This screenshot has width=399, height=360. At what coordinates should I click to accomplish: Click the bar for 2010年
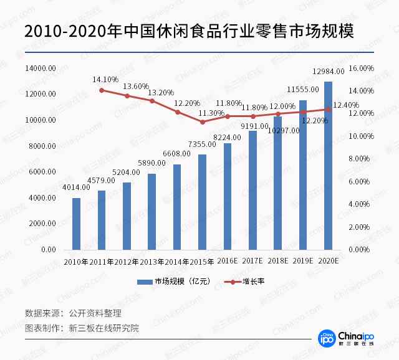point(76,224)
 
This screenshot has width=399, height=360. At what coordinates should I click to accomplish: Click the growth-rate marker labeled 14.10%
point(102,90)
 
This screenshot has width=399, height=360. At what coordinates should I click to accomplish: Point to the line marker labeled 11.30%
point(202,121)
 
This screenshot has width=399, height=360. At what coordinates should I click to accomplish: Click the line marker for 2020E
point(328,110)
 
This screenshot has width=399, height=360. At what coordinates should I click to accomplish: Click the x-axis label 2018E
point(277,261)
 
